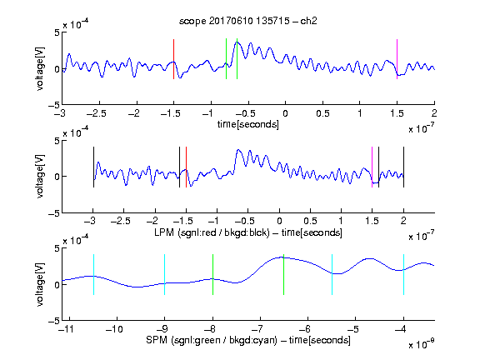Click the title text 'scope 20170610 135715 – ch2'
click(x=248, y=21)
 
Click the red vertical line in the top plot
click(x=173, y=59)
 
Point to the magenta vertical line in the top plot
click(x=397, y=59)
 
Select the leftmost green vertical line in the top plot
click(x=226, y=59)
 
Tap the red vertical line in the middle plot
click(x=186, y=167)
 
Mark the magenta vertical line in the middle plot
click(x=372, y=167)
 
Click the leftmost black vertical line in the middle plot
click(x=93, y=167)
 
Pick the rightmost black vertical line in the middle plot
click(x=404, y=167)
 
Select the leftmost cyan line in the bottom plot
click(x=93, y=275)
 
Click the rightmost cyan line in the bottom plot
click(x=404, y=275)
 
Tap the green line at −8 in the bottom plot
click(x=212, y=275)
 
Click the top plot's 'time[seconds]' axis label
click(x=248, y=124)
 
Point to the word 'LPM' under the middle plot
click(x=164, y=232)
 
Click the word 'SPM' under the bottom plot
click(x=157, y=340)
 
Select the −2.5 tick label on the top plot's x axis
click(x=96, y=113)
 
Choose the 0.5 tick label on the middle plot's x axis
click(x=310, y=221)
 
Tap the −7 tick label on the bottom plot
click(x=259, y=329)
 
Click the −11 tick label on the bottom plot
click(x=67, y=329)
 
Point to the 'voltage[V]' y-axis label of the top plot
click(x=40, y=68)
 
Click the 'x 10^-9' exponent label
click(x=421, y=343)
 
